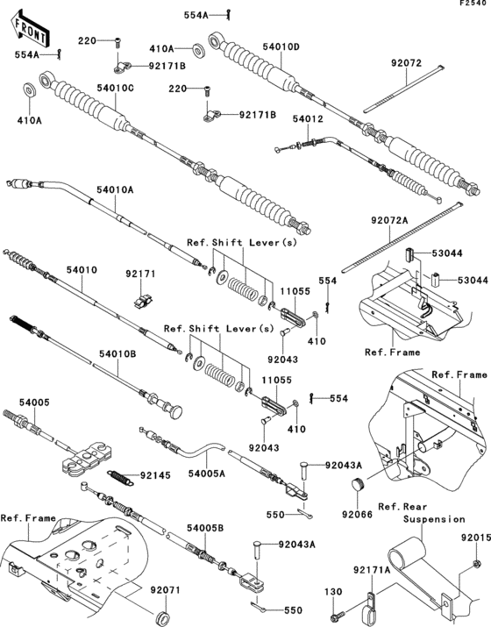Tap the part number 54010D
282,46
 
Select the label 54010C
116,88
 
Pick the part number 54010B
118,353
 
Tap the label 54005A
207,474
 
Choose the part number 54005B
204,528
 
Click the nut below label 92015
474,562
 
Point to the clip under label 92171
141,300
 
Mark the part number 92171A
372,570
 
